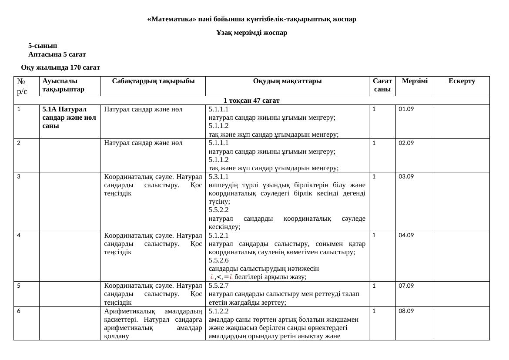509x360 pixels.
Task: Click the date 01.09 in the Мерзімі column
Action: [x=406, y=109]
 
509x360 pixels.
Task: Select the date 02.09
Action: [x=406, y=143]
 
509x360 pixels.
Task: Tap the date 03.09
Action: [x=406, y=176]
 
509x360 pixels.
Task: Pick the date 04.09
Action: [x=406, y=236]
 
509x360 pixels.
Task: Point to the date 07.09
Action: [x=406, y=286]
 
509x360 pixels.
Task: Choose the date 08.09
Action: [x=406, y=311]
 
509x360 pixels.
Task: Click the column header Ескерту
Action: [x=462, y=81]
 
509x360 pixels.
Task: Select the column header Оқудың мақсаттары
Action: [x=287, y=81]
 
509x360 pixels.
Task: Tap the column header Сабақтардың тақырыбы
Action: [x=153, y=81]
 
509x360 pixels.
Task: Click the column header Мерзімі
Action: [x=415, y=81]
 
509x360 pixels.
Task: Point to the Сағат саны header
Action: [x=382, y=85]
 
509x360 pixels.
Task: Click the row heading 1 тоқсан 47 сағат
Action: [x=251, y=101]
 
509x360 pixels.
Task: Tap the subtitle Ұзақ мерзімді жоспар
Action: [x=252, y=33]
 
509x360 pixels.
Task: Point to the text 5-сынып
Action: [x=43, y=46]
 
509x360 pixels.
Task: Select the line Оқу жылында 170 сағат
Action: [x=60, y=67]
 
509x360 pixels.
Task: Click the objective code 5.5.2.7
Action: [x=218, y=286]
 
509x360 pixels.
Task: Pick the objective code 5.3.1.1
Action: [x=218, y=177]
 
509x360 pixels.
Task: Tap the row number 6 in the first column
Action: [x=19, y=311]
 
